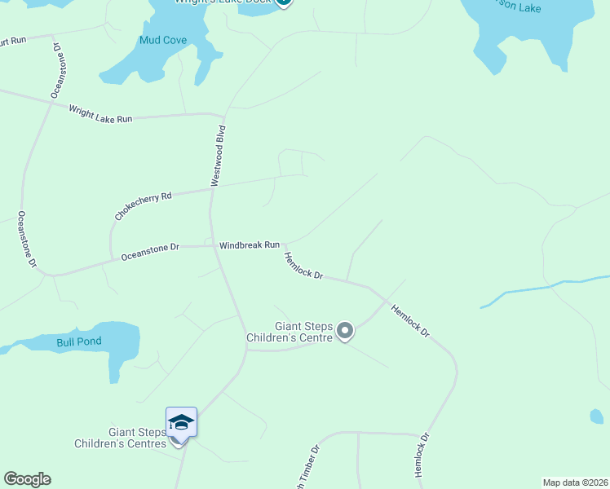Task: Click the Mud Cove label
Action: point(163,40)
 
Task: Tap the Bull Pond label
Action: point(79,341)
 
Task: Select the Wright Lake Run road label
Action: point(100,113)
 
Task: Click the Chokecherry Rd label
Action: point(144,206)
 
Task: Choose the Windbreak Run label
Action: point(250,244)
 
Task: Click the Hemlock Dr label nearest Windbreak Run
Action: point(303,265)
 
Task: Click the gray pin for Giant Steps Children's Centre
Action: point(345,331)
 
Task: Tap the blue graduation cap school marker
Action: point(181,422)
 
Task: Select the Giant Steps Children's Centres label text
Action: point(120,438)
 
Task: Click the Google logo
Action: point(27,479)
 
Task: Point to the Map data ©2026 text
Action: point(575,482)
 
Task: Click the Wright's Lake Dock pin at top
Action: point(283,2)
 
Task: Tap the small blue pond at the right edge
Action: point(597,416)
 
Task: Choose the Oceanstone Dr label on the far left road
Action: point(26,240)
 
